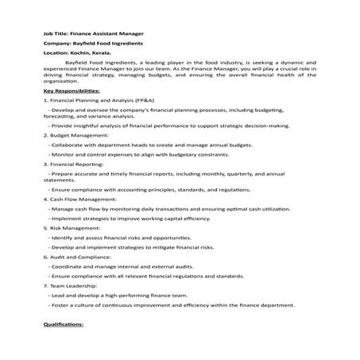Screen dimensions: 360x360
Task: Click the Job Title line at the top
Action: tap(93, 34)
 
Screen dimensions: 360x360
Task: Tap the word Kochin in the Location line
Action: tap(80, 57)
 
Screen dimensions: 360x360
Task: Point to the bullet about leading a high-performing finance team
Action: tap(123, 293)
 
